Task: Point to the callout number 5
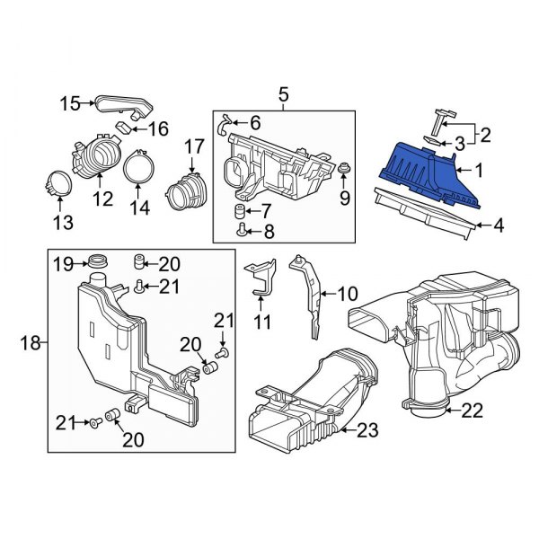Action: (283, 93)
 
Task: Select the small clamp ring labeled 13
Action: (240, 212)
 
